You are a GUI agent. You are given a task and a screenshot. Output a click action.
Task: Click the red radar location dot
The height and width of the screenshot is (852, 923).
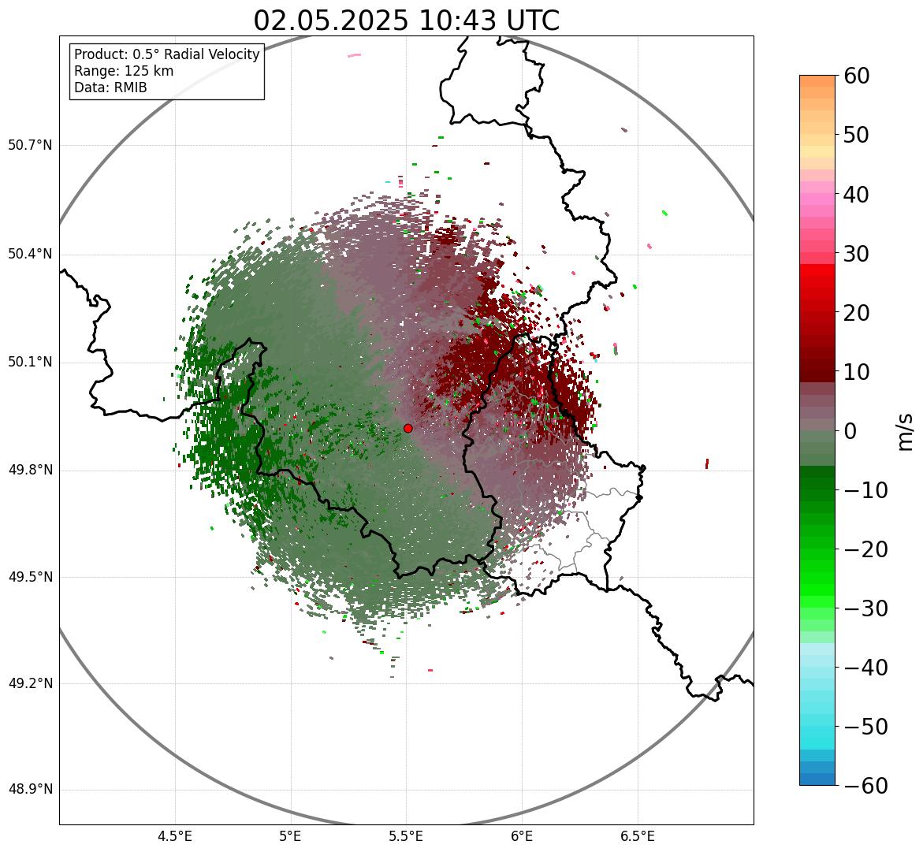[x=408, y=428]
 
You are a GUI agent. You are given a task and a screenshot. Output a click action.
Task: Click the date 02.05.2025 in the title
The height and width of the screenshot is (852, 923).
[x=330, y=20]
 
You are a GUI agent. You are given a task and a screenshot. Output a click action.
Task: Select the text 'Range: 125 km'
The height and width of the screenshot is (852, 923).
[x=124, y=71]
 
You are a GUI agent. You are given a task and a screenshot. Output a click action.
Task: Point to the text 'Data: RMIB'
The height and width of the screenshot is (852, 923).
[x=110, y=87]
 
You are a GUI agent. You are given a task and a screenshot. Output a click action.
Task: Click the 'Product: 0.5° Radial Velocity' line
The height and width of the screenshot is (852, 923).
[x=166, y=54]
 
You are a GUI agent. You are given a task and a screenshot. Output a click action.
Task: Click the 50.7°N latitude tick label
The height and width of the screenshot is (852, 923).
[x=30, y=146]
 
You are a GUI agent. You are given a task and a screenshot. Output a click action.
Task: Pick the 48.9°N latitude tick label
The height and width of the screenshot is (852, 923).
[x=30, y=790]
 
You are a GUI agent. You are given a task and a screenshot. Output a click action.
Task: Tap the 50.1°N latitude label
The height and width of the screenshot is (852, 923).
[x=30, y=363]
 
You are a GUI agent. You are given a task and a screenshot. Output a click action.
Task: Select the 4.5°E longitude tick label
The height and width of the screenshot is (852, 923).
[x=175, y=836]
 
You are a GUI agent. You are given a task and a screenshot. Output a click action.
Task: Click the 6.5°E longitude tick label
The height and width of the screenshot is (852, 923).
[x=637, y=836]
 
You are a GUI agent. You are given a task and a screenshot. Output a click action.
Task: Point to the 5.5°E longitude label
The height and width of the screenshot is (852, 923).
[x=406, y=836]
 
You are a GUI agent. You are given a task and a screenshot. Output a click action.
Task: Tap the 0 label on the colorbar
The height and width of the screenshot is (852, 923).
[x=850, y=431]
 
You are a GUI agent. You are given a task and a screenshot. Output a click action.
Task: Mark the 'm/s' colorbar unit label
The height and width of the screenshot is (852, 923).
[x=906, y=432]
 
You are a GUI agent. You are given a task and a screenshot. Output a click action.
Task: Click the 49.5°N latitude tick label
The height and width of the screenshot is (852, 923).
[x=30, y=577]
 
